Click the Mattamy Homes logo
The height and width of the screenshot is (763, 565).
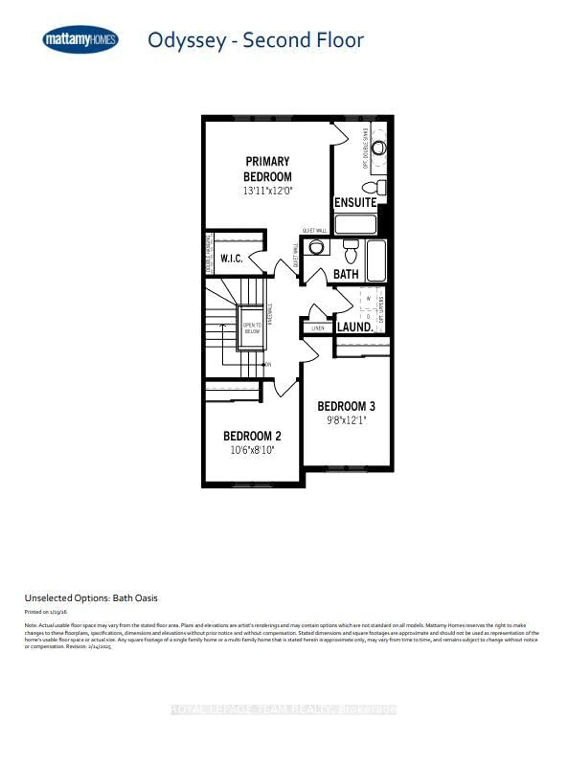80,40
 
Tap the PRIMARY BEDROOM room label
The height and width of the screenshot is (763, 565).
267,169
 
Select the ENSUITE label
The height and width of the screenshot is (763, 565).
355,202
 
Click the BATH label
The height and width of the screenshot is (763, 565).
346,274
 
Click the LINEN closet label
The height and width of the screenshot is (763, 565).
318,328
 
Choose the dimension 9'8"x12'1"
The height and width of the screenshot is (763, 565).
347,420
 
